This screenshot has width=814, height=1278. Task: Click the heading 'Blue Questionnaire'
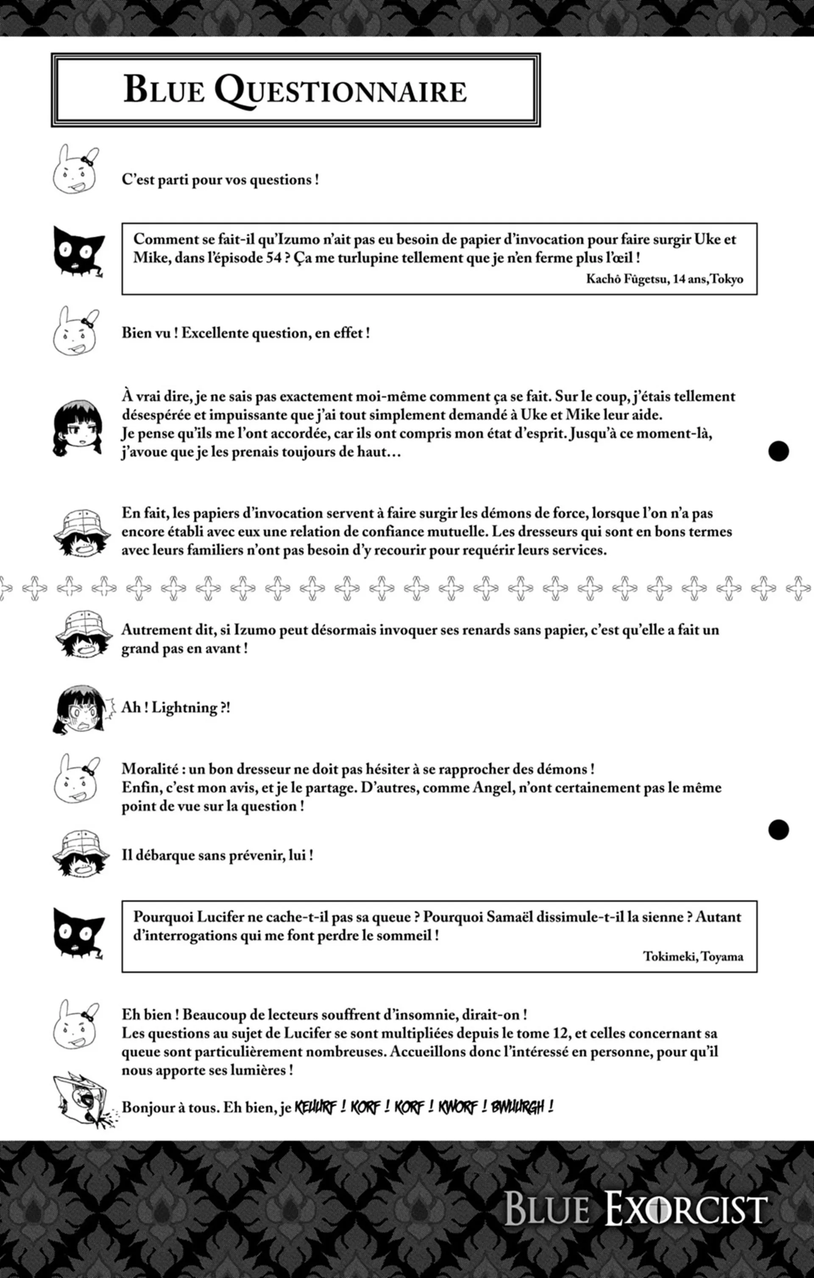coord(295,90)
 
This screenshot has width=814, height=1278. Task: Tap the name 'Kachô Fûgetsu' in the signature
coord(627,279)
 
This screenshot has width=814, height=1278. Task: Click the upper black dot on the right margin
coord(778,451)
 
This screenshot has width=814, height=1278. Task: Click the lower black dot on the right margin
coord(778,829)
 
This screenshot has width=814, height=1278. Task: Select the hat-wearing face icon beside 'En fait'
coord(81,532)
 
